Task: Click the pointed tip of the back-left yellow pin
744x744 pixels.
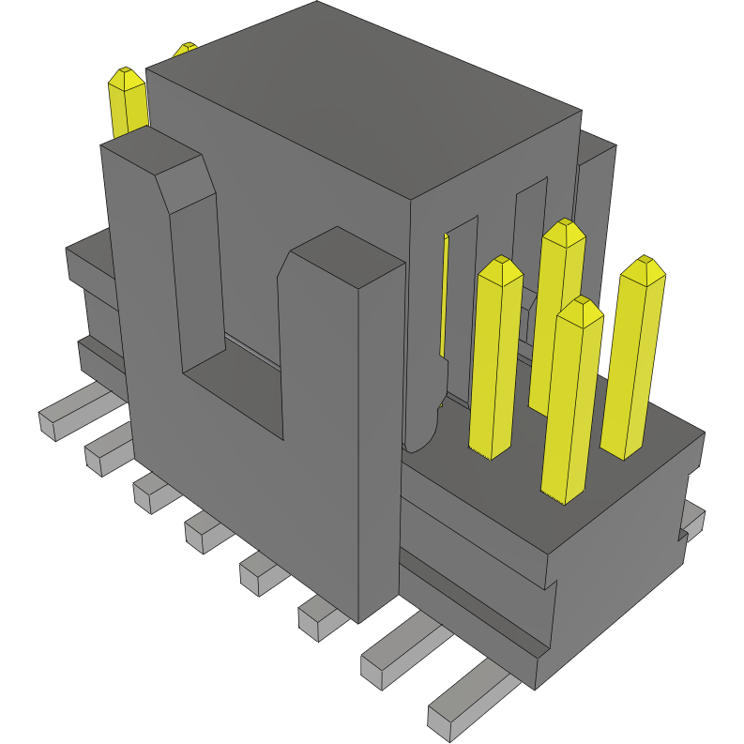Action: pos(127,74)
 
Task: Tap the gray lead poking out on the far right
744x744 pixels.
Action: pos(693,515)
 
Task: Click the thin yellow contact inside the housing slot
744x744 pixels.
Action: pos(444,300)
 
